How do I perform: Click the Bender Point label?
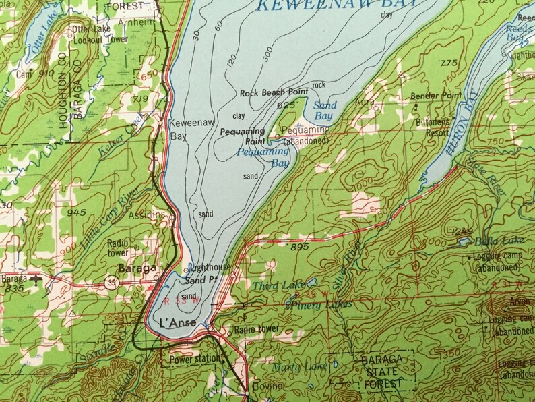pyautogui.click(x=434, y=96)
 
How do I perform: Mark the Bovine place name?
pyautogui.click(x=267, y=386)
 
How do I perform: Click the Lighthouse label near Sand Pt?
pyautogui.click(x=210, y=267)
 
